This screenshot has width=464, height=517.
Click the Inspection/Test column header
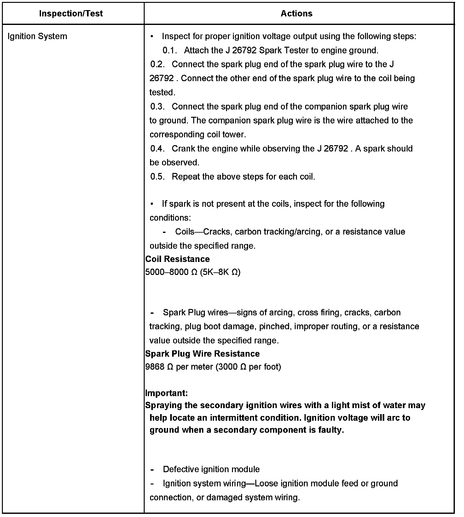pos(71,14)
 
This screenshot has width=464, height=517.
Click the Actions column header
pos(296,14)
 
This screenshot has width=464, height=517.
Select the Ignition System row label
pos(37,36)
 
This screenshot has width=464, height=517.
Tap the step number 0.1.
pos(170,51)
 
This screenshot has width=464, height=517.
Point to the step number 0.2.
pos(158,64)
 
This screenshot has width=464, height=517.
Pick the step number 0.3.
pos(158,107)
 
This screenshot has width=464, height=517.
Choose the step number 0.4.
pos(158,149)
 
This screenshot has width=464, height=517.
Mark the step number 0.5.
pos(158,177)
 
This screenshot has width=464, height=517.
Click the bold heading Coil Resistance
pos(177,259)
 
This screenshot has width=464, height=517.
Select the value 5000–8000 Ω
pos(171,272)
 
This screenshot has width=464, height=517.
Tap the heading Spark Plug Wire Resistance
pos(202,354)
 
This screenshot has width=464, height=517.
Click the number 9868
pos(155,367)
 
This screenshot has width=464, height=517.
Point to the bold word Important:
pos(166,393)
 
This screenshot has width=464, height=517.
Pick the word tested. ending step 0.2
pos(162,92)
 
